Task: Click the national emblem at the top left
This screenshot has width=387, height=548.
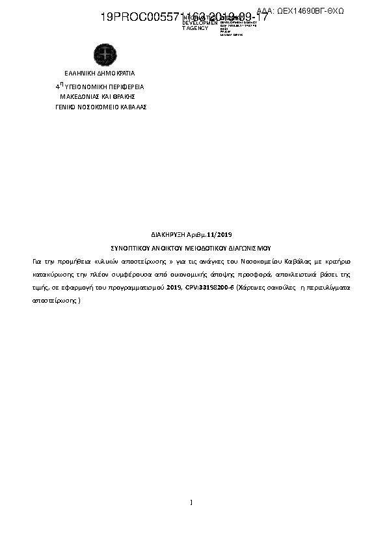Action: (103, 53)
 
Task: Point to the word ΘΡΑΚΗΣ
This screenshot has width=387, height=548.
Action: (131, 96)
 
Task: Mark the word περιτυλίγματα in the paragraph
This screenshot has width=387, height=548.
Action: (328, 286)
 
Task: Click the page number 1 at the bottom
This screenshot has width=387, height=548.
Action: (191, 502)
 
